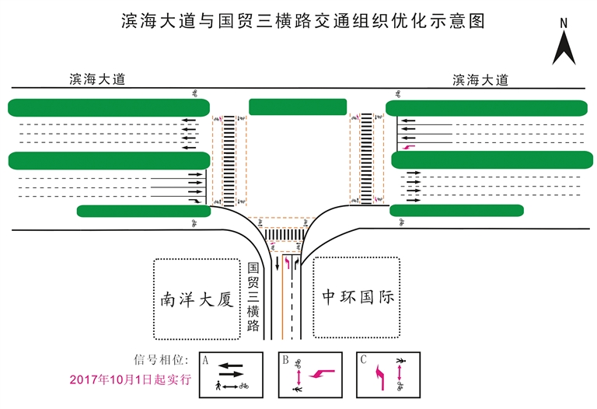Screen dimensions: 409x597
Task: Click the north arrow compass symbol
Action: coord(564,42)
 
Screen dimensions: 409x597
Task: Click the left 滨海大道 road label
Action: coord(97,79)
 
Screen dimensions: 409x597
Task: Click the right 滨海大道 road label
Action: coord(480,79)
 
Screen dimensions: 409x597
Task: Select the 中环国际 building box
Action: coord(358,297)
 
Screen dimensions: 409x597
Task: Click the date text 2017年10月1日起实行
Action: coord(130,380)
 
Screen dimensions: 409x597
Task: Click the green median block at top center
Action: coord(298,107)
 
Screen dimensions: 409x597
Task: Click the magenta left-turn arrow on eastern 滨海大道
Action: coord(410,146)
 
